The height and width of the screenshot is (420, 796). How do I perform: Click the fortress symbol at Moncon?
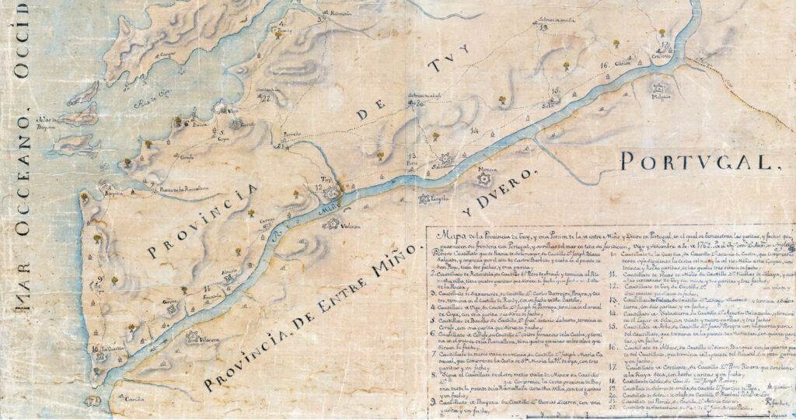(487, 180)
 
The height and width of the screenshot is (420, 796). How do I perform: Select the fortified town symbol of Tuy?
(333, 191)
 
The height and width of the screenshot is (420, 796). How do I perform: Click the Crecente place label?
(661, 55)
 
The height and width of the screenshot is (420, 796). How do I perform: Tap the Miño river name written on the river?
(329, 209)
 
